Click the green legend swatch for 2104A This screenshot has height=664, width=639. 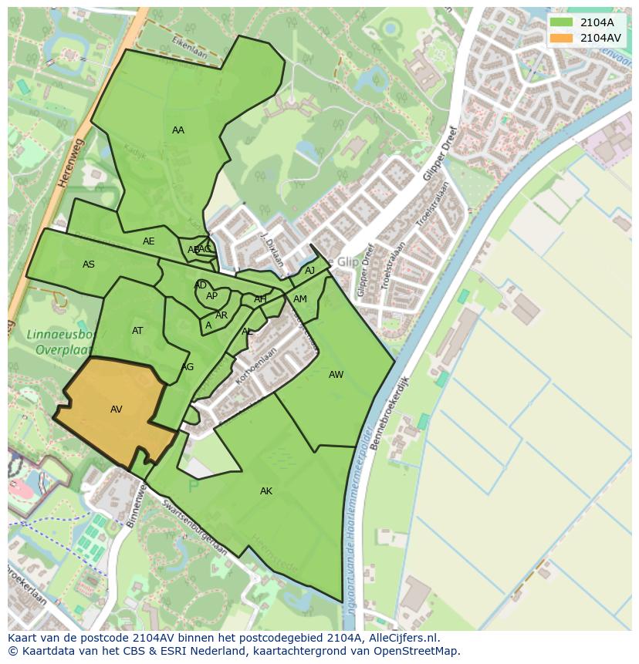tap(562, 22)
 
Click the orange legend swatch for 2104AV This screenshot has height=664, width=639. tap(562, 38)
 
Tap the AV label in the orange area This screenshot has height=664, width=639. tap(117, 410)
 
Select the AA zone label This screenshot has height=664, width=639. tap(178, 130)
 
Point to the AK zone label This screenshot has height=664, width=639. tap(266, 491)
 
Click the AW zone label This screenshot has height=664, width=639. tap(336, 375)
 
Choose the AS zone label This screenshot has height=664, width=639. tap(89, 265)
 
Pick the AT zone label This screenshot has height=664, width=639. tap(137, 331)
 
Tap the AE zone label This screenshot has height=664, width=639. tap(149, 241)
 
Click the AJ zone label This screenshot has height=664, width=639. tap(309, 271)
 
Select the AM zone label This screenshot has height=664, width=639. tap(300, 299)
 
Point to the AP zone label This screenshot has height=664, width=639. tap(211, 296)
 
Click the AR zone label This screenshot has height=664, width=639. tap(221, 315)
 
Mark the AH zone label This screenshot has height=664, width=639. tap(260, 299)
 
